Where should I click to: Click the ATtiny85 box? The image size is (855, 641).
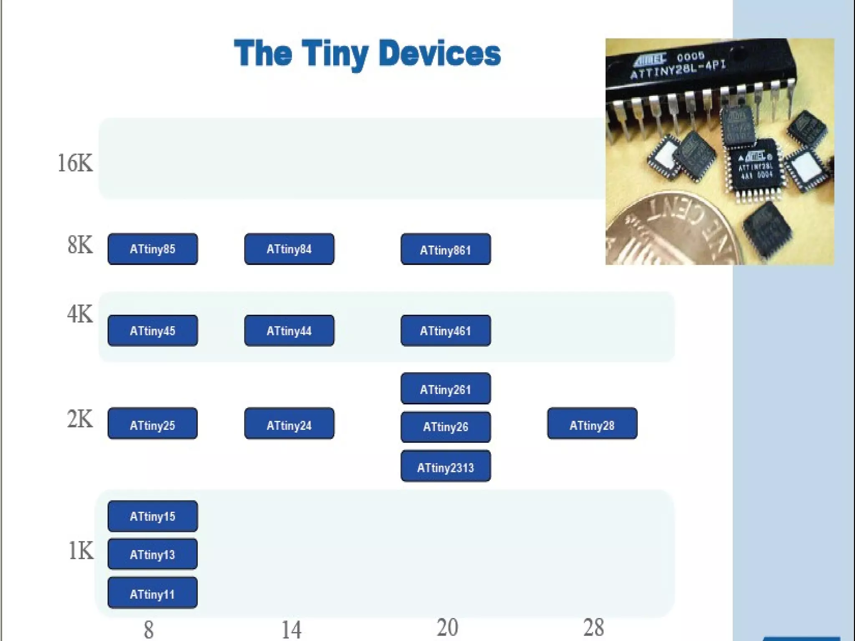152,249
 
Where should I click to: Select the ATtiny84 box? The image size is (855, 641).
289,249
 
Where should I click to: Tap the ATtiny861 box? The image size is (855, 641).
445,249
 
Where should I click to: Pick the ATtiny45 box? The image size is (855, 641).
152,331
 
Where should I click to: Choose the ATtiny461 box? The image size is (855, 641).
445,331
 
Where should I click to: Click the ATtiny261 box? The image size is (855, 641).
445,389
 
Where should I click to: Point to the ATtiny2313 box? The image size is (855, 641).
445,466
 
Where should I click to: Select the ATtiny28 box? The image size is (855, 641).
592,424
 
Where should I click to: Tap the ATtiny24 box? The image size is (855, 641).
289,424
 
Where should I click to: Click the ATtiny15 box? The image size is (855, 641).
152,516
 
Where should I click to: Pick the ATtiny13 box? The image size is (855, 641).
152,554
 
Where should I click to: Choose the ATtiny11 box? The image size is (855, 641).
152,593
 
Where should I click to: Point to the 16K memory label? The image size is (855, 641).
75,163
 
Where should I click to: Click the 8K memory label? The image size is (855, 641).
80,245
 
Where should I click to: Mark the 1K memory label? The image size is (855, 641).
81,551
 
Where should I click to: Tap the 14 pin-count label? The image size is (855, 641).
291,630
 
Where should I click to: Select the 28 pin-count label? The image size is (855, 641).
593,628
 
